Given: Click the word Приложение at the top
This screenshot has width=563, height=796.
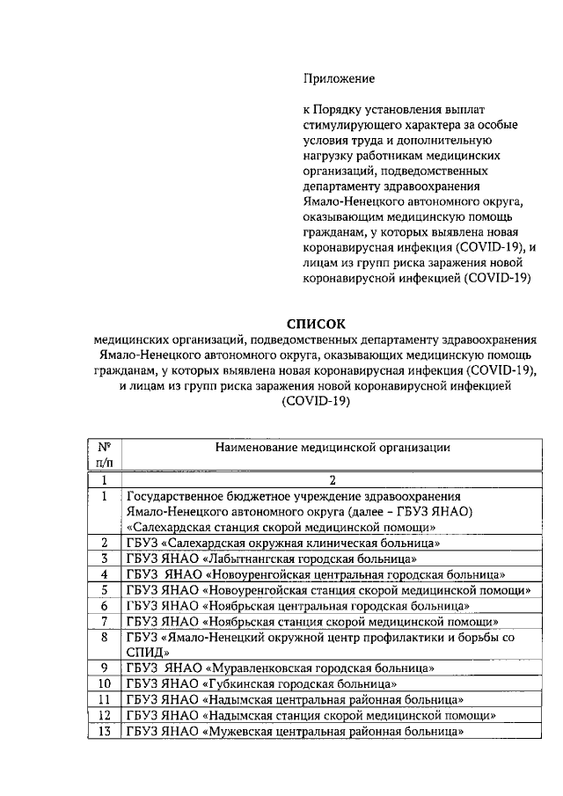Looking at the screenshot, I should [339, 78].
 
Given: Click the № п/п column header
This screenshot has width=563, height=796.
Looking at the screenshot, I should [104, 454].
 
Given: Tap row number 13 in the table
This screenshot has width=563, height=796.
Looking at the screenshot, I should [104, 732].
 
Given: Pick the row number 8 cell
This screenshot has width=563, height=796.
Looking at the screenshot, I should [104, 636].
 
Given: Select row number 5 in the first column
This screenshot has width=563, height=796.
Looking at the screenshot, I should [104, 589].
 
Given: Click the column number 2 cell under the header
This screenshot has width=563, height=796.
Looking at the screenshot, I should [333, 480].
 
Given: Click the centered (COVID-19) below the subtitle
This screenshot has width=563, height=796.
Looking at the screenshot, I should [315, 402].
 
